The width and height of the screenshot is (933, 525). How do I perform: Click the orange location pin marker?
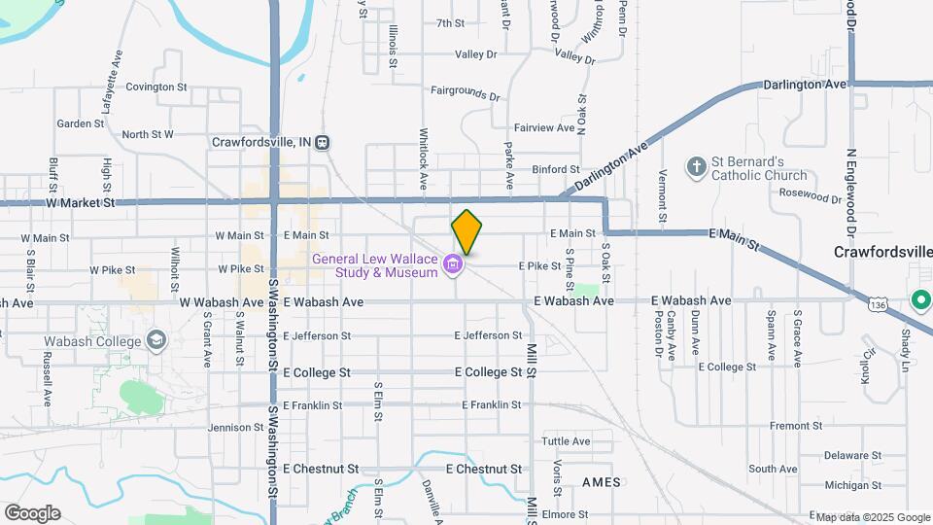coord(466,232)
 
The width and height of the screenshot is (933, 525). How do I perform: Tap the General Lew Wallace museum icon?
coord(452,263)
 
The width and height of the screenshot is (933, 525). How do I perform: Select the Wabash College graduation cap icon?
coord(155,340)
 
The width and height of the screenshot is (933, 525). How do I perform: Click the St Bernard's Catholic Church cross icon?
coord(696,167)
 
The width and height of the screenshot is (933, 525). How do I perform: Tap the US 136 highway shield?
coord(878,305)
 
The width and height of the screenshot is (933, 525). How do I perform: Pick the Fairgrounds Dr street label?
coord(465,93)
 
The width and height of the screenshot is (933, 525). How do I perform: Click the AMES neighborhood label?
coord(601,482)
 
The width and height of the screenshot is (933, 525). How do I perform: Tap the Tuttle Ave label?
coord(566,440)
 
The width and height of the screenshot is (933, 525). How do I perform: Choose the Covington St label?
coord(155,87)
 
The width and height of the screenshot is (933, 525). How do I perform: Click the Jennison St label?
coord(229,427)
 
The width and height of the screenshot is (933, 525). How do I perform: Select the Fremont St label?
coord(796,426)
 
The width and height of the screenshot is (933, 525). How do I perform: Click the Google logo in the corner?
coord(32,512)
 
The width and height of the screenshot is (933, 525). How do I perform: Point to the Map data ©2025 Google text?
coord(872,516)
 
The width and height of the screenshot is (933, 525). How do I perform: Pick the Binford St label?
coord(555,169)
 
